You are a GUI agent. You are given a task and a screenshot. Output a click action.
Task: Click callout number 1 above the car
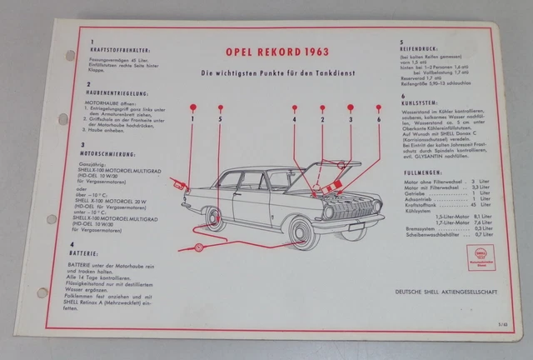(x=191, y=120)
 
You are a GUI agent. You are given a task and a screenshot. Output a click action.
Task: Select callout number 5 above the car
(x=220, y=120)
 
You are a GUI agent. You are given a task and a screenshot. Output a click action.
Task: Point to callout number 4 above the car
(x=294, y=120)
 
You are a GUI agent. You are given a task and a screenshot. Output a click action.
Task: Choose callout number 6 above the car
(x=378, y=120)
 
